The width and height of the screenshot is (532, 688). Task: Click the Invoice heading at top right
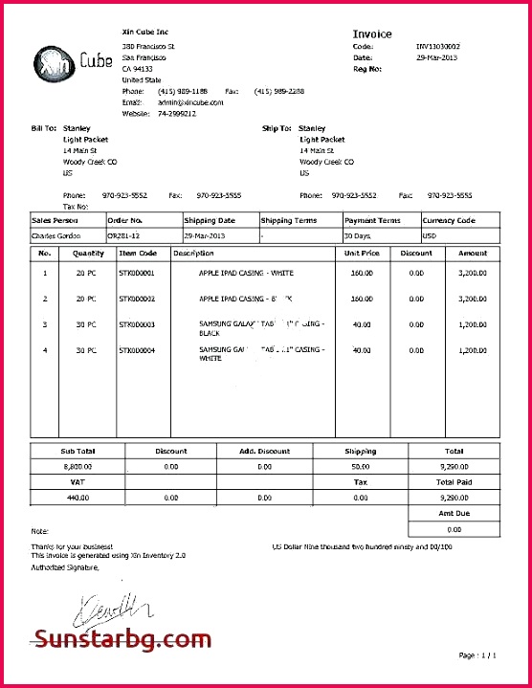372,34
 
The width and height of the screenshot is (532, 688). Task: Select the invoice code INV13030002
437,46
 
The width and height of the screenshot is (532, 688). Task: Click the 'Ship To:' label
277,128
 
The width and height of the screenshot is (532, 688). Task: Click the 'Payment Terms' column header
372,221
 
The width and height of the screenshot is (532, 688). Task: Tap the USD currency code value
430,235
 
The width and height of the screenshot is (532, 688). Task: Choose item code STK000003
137,324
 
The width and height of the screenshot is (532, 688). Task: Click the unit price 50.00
361,299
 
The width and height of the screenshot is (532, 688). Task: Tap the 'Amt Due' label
454,514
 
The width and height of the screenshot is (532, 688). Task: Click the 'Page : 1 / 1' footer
478,655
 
